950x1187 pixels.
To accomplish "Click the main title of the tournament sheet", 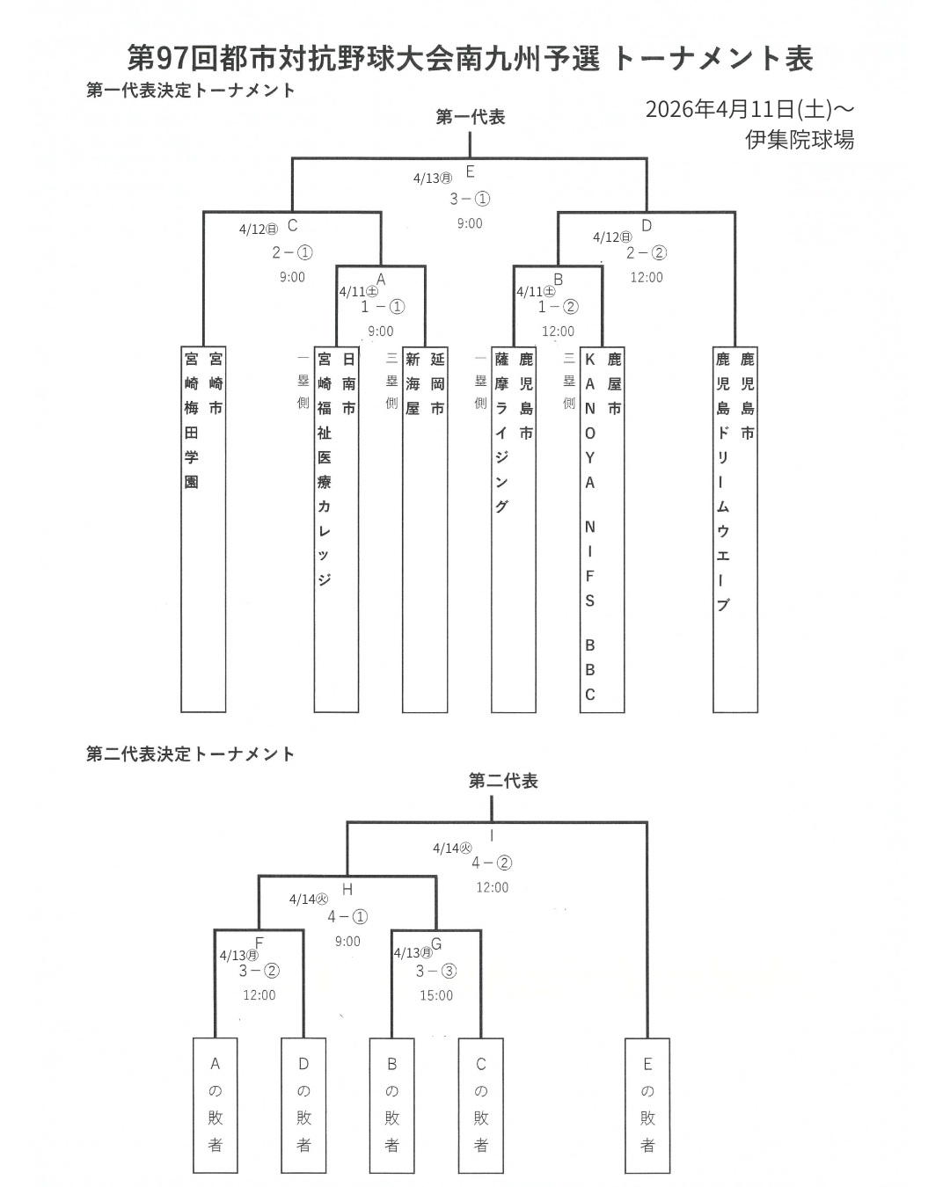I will (470, 58).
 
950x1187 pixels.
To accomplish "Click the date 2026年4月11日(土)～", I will (749, 109).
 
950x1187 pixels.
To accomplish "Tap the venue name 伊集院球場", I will (799, 140).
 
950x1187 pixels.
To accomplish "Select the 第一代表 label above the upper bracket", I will (471, 117).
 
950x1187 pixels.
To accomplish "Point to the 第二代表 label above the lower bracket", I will (503, 781).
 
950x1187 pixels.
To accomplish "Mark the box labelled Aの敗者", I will (216, 1104).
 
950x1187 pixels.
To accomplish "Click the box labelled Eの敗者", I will (647, 1104).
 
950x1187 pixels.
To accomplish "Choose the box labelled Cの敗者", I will (481, 1104).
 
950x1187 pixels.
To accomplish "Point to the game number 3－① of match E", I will (470, 199).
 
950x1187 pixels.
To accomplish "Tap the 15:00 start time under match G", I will (436, 995).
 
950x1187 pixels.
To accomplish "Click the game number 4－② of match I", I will (492, 863).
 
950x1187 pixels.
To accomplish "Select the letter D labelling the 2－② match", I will (647, 226).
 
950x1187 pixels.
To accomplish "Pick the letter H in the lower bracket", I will (347, 890).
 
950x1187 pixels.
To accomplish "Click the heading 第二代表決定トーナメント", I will (190, 754).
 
